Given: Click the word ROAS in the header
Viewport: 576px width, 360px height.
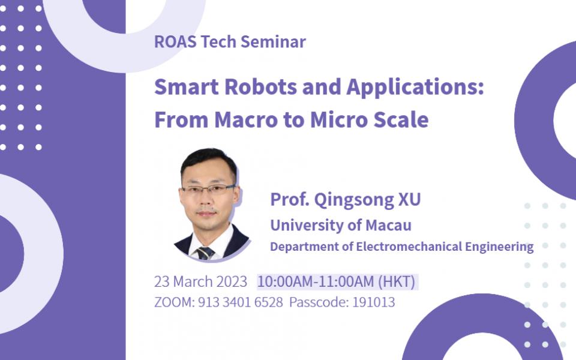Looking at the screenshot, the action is tap(176, 41).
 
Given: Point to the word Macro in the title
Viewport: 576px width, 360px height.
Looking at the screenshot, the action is tap(246, 120).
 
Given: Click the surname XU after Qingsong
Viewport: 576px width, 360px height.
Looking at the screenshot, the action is tap(409, 199).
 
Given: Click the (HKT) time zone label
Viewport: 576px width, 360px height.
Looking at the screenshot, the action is tap(397, 282).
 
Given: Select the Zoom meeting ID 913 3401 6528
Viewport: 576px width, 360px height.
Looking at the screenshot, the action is tap(240, 302).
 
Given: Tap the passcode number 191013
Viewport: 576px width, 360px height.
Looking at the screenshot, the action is tap(374, 302).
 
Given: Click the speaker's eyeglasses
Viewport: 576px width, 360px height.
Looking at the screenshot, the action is tap(208, 189).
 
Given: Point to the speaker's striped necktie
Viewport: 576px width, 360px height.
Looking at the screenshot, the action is tap(206, 253).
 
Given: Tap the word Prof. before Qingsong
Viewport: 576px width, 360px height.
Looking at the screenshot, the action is tap(289, 199).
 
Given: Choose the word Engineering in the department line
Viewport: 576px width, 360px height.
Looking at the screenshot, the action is tap(499, 247).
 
